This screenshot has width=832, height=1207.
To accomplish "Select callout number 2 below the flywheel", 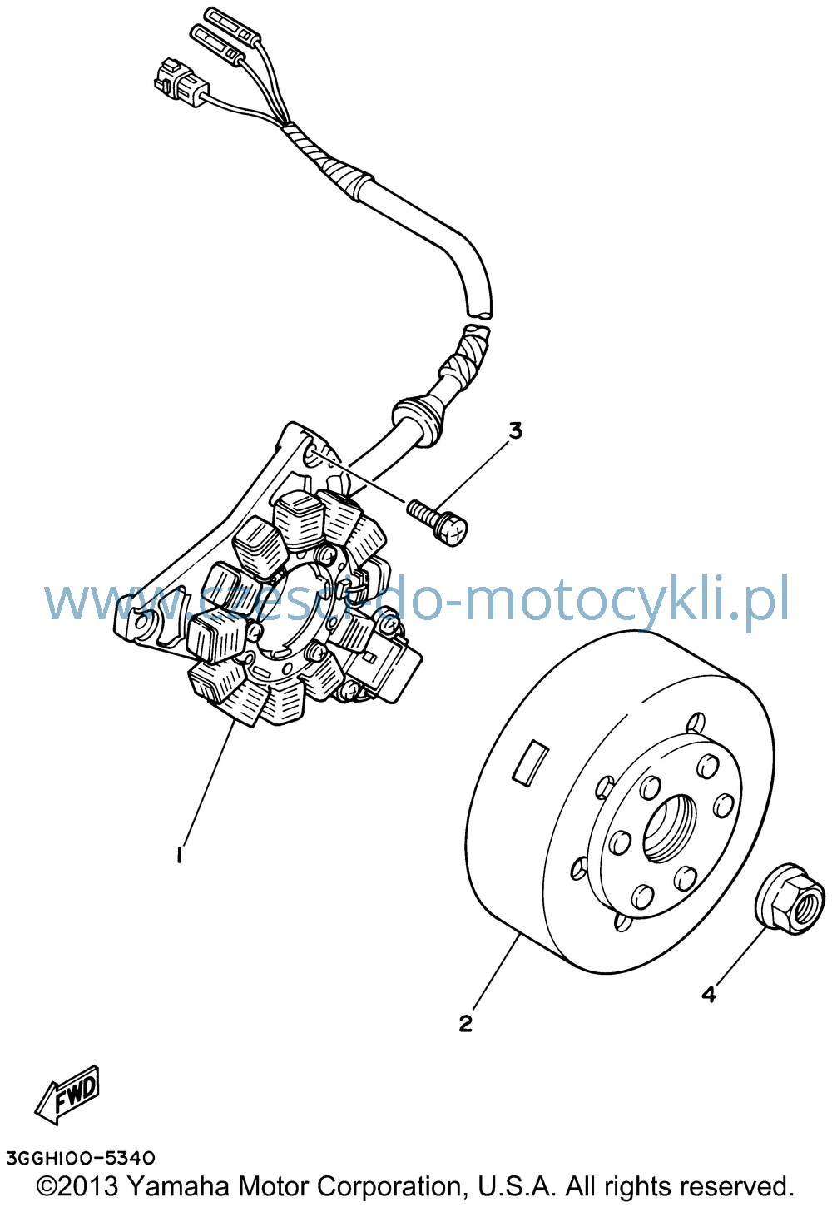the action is pos(465,1023).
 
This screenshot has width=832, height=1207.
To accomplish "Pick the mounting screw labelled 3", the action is pos(438,522).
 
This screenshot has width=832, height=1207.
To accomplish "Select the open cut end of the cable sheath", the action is pos(479,312).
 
